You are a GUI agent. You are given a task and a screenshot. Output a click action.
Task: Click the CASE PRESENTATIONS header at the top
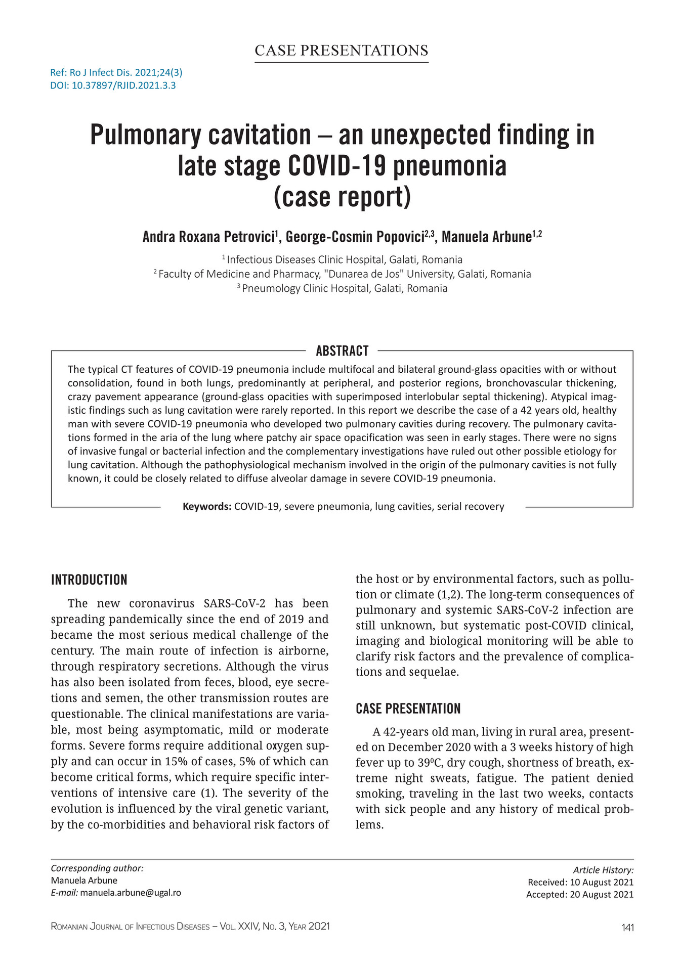click(x=341, y=51)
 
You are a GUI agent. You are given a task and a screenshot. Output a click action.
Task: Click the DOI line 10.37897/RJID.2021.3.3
click(x=113, y=85)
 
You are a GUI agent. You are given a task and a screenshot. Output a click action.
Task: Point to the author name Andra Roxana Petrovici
click(x=208, y=237)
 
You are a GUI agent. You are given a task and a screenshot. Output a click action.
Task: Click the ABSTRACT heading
click(x=342, y=350)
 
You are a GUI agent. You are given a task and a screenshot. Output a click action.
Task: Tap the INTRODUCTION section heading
click(x=89, y=580)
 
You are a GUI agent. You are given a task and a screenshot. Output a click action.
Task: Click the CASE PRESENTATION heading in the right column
click(x=408, y=709)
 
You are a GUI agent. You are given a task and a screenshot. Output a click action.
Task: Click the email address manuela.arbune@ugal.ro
click(x=131, y=893)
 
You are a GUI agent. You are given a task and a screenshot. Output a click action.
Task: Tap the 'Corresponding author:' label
click(x=97, y=868)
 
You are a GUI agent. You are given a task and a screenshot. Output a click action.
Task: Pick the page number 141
click(x=627, y=927)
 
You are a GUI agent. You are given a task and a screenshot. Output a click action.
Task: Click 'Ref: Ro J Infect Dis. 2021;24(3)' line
click(x=116, y=72)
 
